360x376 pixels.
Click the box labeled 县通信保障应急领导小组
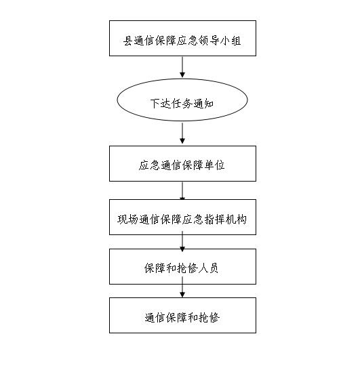[182, 39]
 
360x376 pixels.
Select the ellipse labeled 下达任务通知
[182, 100]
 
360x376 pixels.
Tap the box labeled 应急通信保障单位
[182, 163]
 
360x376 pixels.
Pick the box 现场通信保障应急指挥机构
[182, 217]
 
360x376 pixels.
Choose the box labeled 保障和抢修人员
[182, 267]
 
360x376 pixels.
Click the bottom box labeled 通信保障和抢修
[182, 315]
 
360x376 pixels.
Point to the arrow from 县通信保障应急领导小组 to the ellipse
[182, 67]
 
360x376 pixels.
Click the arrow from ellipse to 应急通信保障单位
[182, 133]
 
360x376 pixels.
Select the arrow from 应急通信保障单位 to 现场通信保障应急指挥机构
[182, 191]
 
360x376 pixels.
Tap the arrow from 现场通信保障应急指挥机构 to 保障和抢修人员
[182, 242]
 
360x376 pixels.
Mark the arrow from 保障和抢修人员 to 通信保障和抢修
[182, 287]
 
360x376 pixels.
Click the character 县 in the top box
[127, 41]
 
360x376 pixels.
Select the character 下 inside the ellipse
[155, 104]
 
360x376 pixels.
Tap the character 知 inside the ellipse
[209, 104]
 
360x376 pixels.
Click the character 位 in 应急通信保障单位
[220, 165]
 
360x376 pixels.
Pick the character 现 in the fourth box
[123, 220]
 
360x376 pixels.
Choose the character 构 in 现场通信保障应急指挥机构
[241, 220]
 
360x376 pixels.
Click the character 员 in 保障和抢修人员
[214, 268]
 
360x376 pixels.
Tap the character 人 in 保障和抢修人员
[203, 268]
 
